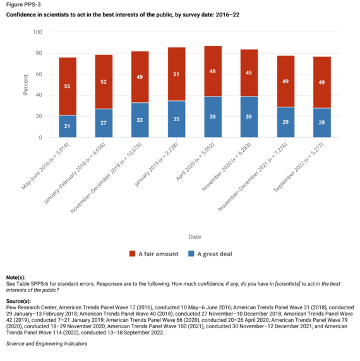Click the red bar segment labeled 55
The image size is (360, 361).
(68, 86)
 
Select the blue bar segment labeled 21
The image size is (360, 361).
(68, 126)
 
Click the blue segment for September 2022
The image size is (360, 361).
(321, 122)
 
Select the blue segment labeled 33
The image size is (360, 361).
(140, 120)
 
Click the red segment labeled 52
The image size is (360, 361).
(104, 81)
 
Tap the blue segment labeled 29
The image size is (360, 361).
(285, 122)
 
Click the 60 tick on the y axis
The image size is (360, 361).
(39, 74)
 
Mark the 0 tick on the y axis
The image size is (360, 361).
(40, 138)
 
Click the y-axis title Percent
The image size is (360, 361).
(26, 85)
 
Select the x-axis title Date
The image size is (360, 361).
(195, 237)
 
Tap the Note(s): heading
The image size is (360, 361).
(16, 277)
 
